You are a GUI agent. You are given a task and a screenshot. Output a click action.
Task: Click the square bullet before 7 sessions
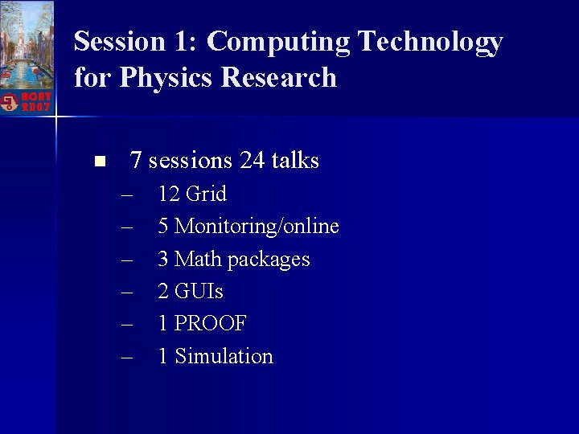point(99,162)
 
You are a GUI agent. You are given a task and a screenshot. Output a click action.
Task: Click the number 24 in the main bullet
point(252,161)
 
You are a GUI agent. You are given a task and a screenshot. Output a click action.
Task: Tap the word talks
point(295,161)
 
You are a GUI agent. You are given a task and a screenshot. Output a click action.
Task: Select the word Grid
point(206,194)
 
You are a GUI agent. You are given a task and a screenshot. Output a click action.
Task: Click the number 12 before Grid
point(169,194)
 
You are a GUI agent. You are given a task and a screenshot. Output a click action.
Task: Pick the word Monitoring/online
point(257,227)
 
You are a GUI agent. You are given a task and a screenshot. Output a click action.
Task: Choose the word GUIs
point(199,291)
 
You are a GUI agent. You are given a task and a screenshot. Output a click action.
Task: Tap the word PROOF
point(211,324)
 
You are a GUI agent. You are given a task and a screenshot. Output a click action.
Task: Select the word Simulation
point(224,356)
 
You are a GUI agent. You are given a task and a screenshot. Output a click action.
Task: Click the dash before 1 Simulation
point(127,356)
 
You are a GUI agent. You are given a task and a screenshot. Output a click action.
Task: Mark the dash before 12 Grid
point(127,194)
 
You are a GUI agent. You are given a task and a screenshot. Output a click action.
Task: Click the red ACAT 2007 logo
point(26,101)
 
